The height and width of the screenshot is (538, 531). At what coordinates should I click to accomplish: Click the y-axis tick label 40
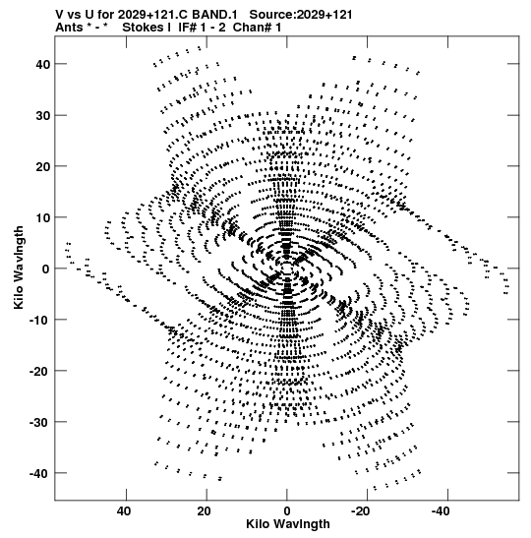point(43,64)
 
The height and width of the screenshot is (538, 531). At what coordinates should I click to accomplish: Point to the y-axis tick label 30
point(43,116)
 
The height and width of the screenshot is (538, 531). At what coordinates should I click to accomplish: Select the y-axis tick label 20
point(43,166)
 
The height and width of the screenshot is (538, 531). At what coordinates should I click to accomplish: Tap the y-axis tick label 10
point(43,217)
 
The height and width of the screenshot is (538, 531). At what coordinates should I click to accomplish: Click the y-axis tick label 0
point(46,269)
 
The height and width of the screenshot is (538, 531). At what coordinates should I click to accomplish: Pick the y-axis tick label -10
point(39,320)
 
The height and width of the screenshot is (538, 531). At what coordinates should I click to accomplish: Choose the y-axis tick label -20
point(39,371)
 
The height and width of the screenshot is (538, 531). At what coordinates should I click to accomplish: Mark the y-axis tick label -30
point(39,422)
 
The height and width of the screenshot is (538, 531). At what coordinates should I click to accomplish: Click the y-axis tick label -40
point(39,473)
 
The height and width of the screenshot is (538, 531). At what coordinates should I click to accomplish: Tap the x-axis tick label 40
point(124,511)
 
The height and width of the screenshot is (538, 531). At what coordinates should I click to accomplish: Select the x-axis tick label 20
point(205,511)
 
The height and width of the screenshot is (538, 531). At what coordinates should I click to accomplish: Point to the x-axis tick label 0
point(287,511)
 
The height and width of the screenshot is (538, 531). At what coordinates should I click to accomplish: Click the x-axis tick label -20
point(361,511)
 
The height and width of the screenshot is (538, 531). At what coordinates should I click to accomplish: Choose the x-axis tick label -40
point(441,511)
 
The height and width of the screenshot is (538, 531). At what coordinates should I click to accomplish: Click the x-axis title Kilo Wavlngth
point(288,524)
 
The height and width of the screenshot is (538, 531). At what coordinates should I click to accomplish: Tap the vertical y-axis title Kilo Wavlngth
point(19,268)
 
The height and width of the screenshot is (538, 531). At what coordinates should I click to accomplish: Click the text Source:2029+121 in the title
point(301,15)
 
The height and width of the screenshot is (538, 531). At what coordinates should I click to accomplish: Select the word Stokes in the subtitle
point(144,28)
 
